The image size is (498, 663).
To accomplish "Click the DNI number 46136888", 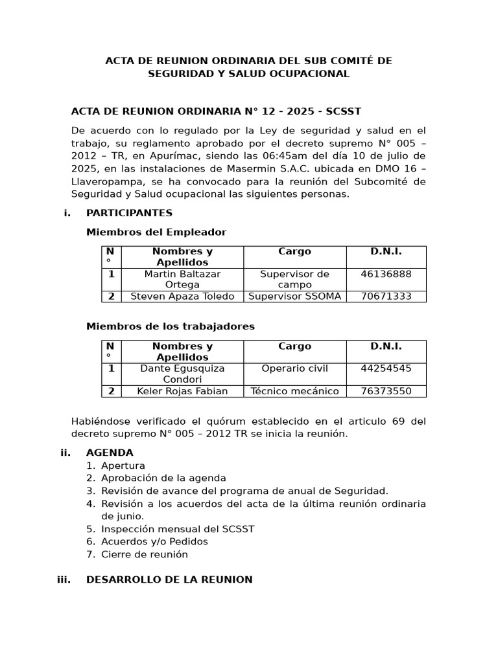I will click(386, 274).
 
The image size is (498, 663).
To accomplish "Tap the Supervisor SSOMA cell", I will click(294, 297).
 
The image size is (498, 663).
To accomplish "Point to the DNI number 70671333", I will click(386, 297).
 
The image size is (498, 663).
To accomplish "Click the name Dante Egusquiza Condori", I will click(182, 374).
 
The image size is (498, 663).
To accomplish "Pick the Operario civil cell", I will click(294, 368).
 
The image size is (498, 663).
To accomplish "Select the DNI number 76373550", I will click(386, 391).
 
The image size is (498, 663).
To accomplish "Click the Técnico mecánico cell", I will click(294, 391).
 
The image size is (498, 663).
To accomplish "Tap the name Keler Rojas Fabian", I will click(182, 391).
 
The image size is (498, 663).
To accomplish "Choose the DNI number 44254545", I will click(386, 368).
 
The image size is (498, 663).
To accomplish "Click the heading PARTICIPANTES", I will click(129, 213).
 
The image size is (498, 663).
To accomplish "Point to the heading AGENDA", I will click(110, 453).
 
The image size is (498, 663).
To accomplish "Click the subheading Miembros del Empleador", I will click(156, 232).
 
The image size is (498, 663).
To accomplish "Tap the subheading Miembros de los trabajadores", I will click(171, 326).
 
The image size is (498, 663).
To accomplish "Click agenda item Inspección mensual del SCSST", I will click(178, 529).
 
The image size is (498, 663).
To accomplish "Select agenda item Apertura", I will click(123, 466).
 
